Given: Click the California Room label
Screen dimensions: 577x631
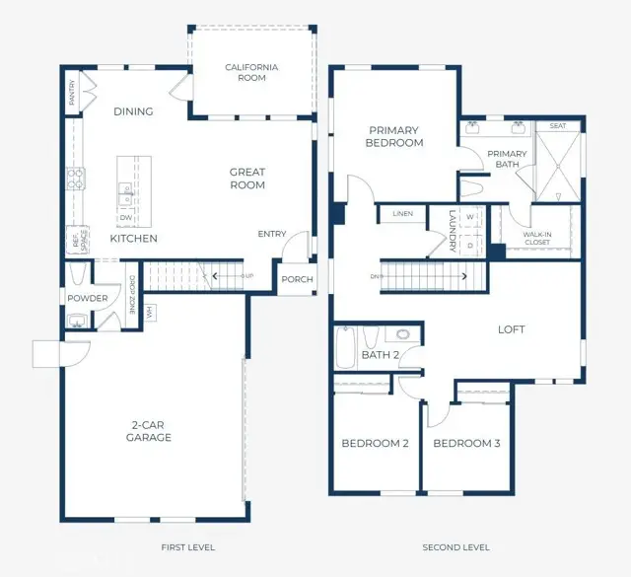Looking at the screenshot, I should [x=251, y=72].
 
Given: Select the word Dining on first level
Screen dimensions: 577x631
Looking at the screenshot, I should [x=133, y=111].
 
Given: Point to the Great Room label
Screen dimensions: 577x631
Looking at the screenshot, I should [x=247, y=179].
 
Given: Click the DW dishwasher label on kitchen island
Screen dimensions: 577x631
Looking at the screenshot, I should [x=125, y=219].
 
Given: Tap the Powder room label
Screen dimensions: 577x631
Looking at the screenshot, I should [x=88, y=298].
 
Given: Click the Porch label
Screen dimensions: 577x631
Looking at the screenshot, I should [x=297, y=279].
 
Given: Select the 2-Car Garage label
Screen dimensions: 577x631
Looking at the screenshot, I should [x=149, y=431].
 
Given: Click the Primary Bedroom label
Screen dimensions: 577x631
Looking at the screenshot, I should [x=395, y=136].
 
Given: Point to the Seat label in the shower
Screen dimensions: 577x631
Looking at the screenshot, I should [x=557, y=126].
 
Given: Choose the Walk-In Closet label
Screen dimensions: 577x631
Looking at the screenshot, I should [x=536, y=237].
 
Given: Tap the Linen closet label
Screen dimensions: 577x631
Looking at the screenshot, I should [x=401, y=214].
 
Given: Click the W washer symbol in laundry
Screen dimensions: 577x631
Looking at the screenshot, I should [x=469, y=217].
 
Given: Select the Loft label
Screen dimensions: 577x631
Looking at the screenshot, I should [x=511, y=329].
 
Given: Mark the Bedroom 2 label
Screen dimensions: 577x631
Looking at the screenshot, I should [x=375, y=444].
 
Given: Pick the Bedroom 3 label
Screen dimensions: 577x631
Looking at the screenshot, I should [x=466, y=444].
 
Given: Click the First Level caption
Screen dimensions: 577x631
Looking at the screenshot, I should [x=187, y=547].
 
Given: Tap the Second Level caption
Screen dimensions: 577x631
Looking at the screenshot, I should [x=456, y=547].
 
